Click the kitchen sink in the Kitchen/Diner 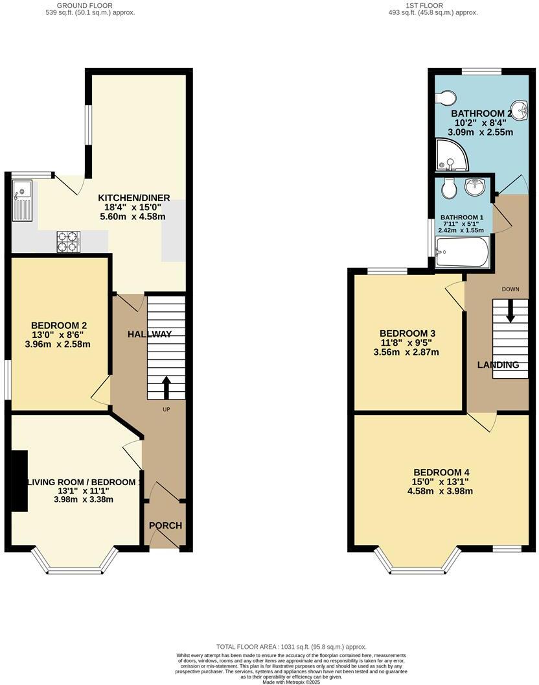(22, 200)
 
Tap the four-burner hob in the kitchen (67, 242)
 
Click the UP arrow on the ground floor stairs (166, 387)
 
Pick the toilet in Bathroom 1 (446, 189)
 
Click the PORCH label (166, 525)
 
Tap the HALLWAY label (150, 334)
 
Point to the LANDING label (498, 365)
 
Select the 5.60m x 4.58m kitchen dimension (134, 218)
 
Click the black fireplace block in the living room (19, 481)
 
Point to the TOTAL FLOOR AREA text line (292, 647)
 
